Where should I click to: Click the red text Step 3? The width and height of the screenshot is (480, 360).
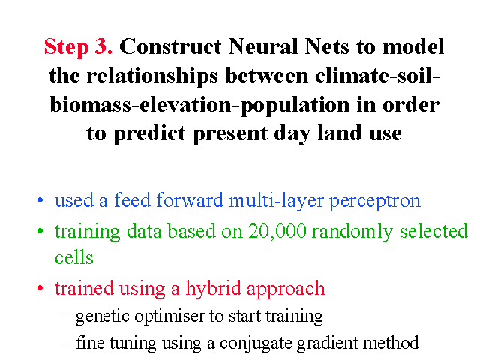[78, 47]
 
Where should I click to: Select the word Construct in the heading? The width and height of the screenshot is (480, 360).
[170, 46]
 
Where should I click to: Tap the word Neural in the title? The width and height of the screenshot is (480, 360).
[263, 46]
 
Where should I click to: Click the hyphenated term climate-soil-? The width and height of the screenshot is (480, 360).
[377, 75]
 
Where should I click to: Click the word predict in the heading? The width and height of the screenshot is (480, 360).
[150, 134]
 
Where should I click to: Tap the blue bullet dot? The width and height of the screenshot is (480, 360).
[40, 200]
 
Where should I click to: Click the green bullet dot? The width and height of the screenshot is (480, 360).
[40, 231]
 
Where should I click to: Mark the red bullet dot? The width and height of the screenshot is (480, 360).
[40, 288]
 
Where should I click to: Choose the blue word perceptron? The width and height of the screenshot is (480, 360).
[375, 202]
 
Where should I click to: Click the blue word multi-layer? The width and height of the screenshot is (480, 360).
[277, 202]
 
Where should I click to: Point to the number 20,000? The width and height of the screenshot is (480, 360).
[277, 231]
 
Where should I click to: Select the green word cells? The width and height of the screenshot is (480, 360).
[74, 256]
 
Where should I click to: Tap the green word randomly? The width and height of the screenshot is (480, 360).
[352, 232]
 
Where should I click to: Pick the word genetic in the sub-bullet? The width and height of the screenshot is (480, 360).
[103, 316]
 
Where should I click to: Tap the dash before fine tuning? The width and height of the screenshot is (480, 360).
[65, 343]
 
